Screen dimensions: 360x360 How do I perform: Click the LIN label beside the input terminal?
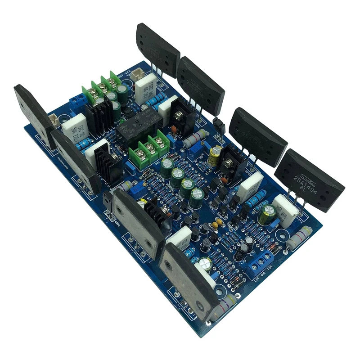point(256,279)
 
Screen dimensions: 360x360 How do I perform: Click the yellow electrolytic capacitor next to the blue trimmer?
point(216,154)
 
